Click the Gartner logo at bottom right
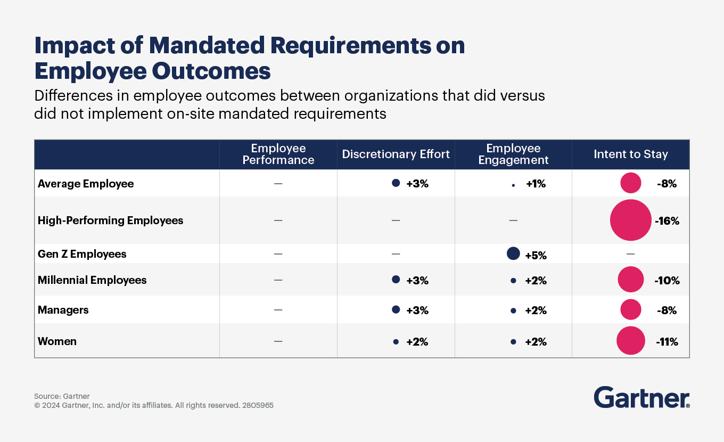[641, 398]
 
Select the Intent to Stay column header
[630, 154]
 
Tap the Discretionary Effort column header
[396, 154]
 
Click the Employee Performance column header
[278, 154]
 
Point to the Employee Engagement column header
[513, 154]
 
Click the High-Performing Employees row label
[110, 220]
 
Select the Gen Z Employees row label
[82, 254]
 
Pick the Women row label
[57, 341]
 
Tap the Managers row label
[63, 310]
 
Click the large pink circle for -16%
[630, 220]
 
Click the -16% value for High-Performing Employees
[667, 221]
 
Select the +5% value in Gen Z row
[536, 256]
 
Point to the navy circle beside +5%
[513, 253]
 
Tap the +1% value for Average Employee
[536, 184]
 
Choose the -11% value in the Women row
[667, 342]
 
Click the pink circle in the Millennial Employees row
[631, 280]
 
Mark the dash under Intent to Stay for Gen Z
[630, 254]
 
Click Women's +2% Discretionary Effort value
[417, 342]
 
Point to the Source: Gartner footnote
[62, 396]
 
